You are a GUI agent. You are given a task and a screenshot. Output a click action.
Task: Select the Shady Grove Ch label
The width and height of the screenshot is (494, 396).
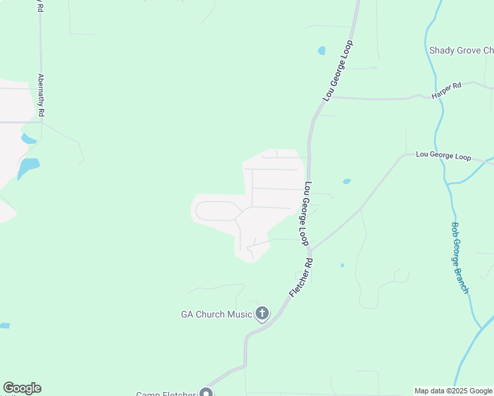(461, 51)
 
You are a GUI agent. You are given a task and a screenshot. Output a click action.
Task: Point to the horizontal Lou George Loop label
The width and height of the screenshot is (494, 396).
(443, 156)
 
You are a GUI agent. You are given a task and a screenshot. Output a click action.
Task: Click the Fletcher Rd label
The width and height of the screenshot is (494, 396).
(300, 277)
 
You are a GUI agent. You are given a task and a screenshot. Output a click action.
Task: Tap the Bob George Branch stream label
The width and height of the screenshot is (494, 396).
(460, 257)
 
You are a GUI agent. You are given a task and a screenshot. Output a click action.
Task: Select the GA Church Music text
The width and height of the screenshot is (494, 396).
(217, 314)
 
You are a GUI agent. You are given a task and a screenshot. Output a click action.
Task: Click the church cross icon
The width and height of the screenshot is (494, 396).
(262, 313)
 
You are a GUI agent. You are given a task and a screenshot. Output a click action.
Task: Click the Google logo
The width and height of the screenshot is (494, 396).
(22, 388)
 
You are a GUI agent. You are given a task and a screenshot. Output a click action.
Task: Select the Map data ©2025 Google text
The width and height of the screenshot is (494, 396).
(453, 391)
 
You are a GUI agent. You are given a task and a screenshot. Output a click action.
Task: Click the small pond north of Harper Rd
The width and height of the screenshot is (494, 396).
(322, 50)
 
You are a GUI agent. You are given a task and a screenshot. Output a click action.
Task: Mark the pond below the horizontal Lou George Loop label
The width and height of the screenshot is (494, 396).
(347, 181)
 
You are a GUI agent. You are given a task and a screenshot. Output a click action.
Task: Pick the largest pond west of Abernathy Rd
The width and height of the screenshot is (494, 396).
(27, 168)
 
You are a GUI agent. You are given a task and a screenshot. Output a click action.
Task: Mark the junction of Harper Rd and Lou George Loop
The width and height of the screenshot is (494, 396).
(330, 98)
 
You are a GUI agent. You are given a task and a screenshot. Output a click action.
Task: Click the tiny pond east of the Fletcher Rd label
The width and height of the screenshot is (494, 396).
(342, 265)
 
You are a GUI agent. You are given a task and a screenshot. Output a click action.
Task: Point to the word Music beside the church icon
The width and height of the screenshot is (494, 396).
(239, 314)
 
